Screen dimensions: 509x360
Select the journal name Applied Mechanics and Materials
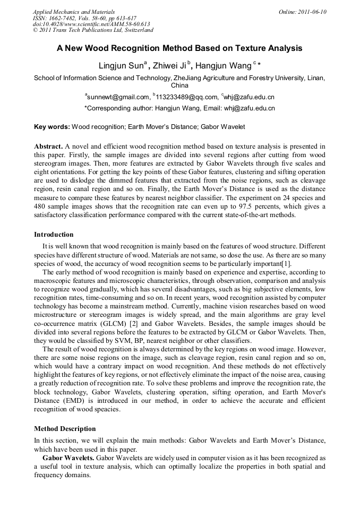click(74, 12)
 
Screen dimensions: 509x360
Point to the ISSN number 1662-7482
click(66, 18)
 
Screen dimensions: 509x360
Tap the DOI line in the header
click(91, 24)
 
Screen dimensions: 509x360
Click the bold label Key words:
click(52, 127)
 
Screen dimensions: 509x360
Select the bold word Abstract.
click(48, 146)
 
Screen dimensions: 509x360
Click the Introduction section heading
click(54, 234)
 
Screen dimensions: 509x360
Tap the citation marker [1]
click(286, 264)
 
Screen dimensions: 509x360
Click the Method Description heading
click(65, 428)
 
